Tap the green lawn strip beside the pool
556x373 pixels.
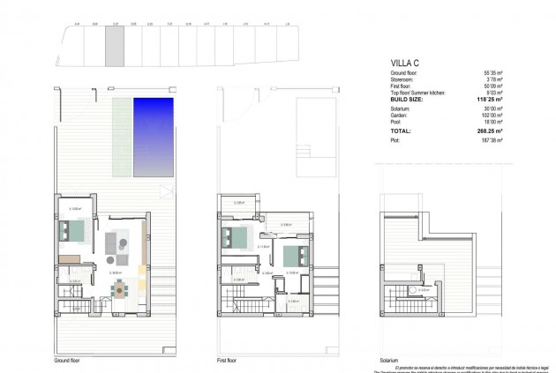pos(121,136)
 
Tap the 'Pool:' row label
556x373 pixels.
pos(395,121)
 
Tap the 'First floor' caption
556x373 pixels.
pos(227,361)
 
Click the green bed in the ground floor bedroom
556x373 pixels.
pos(69,231)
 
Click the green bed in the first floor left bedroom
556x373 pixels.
pos(234,236)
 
